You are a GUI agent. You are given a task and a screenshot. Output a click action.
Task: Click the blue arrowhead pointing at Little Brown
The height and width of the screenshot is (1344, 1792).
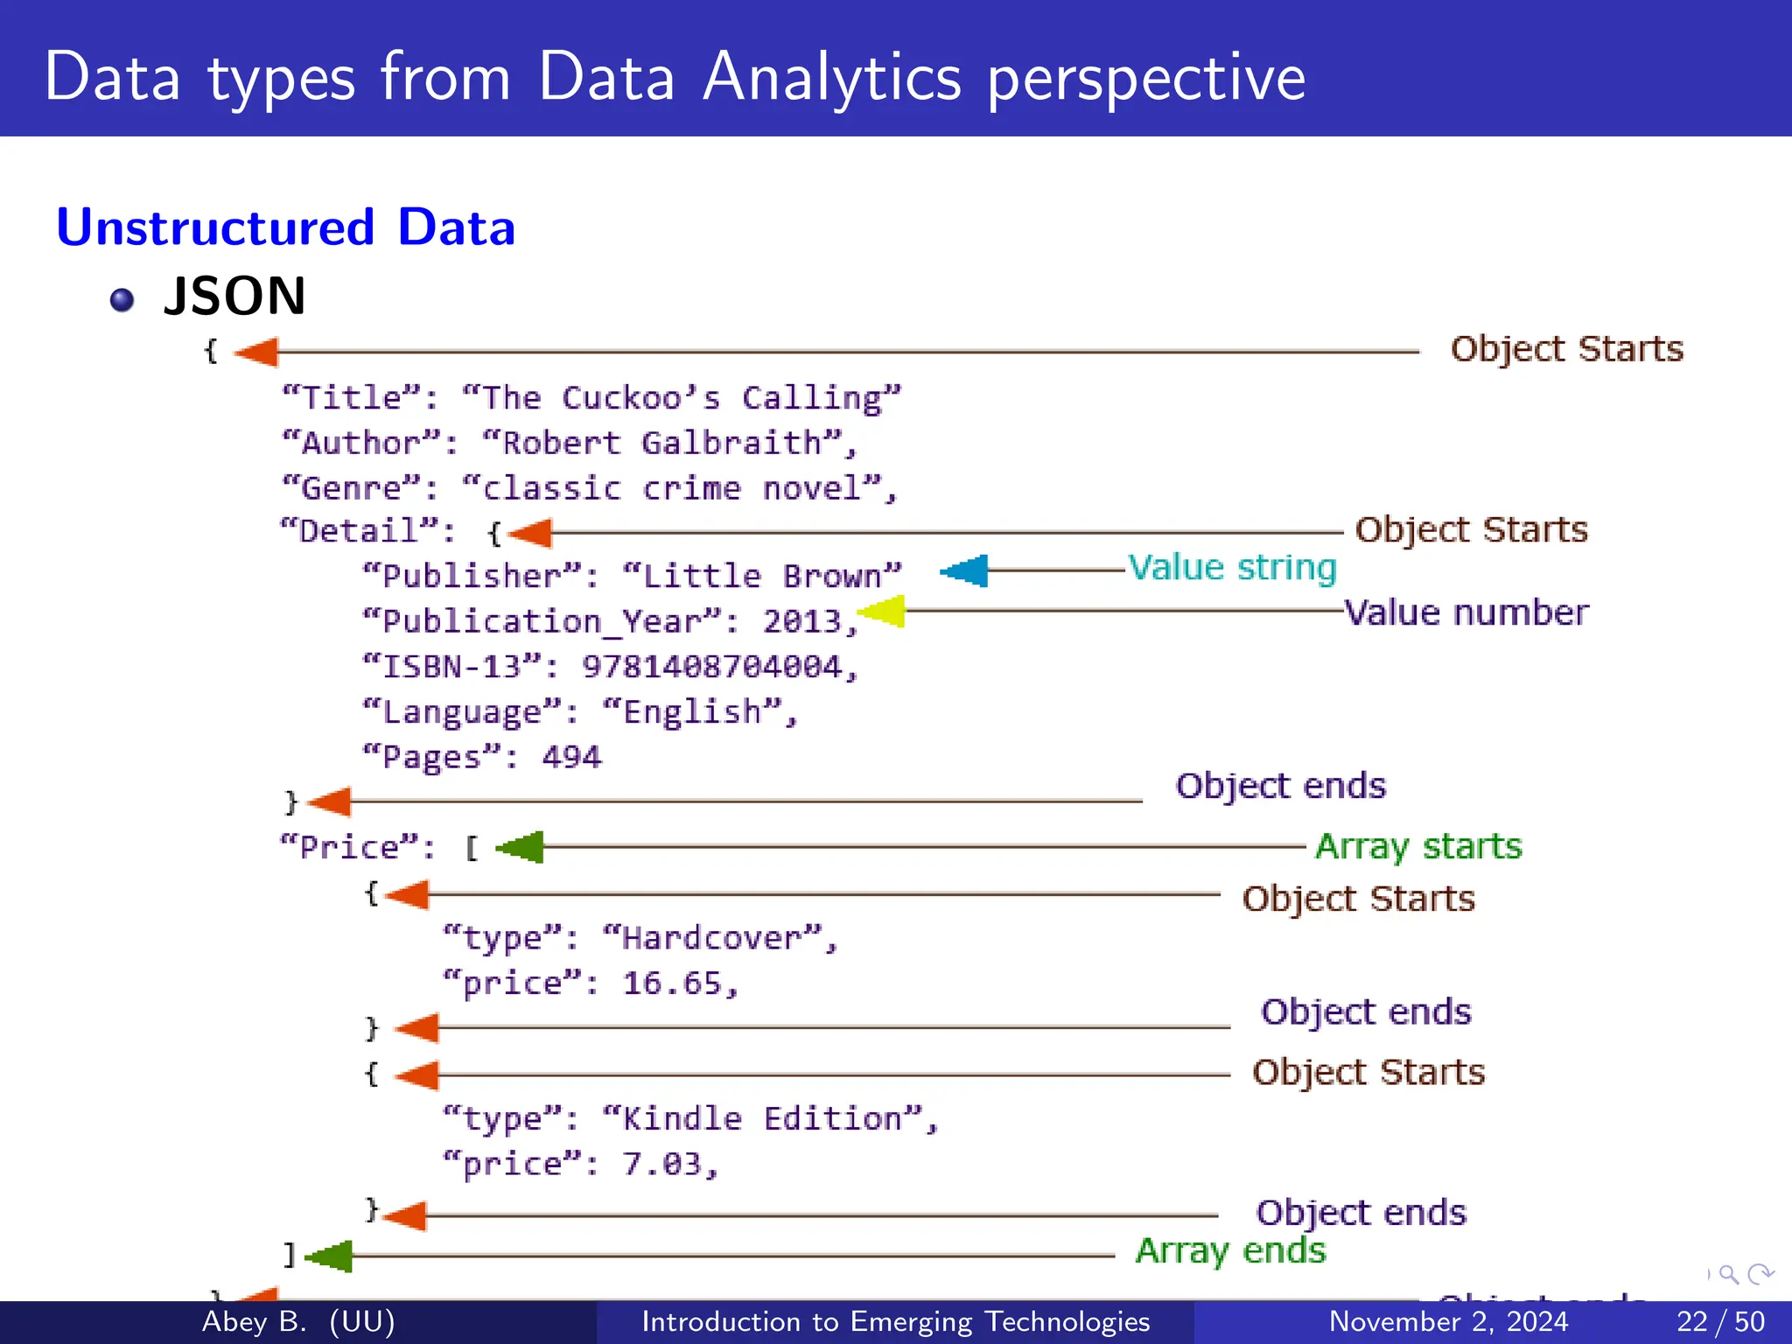(965, 571)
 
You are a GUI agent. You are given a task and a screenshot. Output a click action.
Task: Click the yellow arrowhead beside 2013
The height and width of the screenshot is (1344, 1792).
(882, 612)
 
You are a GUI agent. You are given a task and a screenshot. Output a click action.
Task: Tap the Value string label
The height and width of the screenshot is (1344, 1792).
(1232, 568)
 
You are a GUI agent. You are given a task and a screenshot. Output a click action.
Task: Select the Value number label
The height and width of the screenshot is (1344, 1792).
(1466, 612)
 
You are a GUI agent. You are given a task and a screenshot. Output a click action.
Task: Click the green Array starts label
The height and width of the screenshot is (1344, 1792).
(1418, 846)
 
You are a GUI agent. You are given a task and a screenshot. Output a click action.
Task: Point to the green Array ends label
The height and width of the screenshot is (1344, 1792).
(1230, 1250)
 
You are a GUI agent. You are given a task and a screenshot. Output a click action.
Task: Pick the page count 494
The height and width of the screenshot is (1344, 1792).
(571, 757)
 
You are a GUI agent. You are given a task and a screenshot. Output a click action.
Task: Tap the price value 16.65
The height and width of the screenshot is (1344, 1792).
(672, 983)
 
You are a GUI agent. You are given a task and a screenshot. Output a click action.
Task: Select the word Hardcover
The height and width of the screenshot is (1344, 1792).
(711, 938)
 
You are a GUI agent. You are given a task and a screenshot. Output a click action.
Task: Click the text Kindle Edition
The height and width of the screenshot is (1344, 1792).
(761, 1118)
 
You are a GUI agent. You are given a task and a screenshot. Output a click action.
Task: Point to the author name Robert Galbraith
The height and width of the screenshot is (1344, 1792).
(661, 443)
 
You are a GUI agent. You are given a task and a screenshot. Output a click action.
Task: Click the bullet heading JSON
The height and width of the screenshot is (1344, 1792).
(234, 296)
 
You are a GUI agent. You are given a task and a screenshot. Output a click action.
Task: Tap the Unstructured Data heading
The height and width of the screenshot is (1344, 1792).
(285, 227)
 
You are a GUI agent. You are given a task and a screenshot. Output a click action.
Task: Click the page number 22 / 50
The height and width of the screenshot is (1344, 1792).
(1719, 1321)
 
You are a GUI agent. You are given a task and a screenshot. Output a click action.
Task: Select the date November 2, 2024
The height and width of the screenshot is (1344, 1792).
(1448, 1321)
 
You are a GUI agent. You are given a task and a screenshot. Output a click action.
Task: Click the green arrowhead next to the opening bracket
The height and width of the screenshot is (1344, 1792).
(521, 847)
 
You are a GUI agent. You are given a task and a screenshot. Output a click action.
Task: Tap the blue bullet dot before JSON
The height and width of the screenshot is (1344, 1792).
(122, 300)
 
